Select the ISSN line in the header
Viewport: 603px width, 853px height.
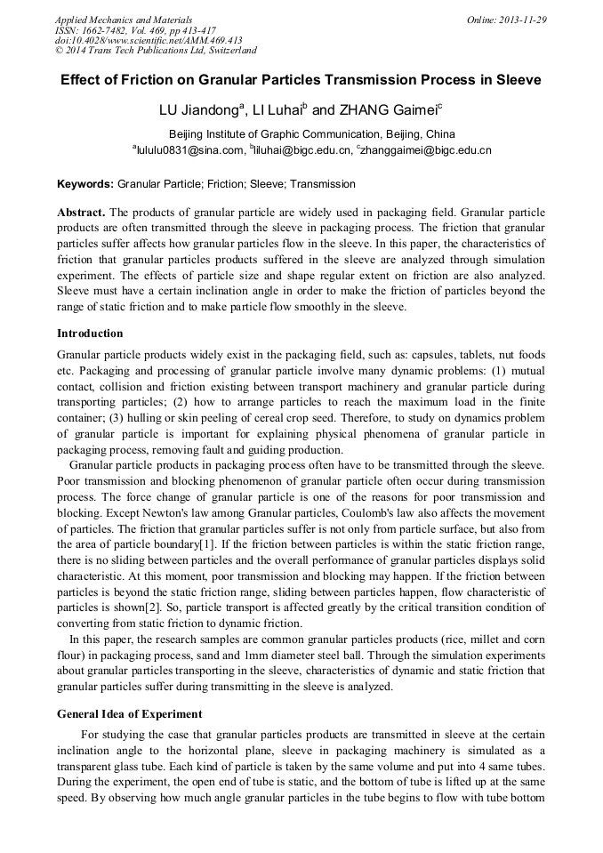pos(135,30)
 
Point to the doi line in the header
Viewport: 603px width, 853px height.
pos(149,41)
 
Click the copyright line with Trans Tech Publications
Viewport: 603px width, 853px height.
pos(156,52)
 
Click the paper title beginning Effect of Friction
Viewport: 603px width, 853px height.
pos(301,80)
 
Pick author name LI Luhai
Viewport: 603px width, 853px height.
pos(277,111)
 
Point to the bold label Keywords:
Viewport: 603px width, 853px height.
pos(85,185)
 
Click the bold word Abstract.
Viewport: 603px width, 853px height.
pos(81,213)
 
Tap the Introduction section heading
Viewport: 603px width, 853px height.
pos(90,334)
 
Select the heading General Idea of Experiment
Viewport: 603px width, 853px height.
pos(129,713)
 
